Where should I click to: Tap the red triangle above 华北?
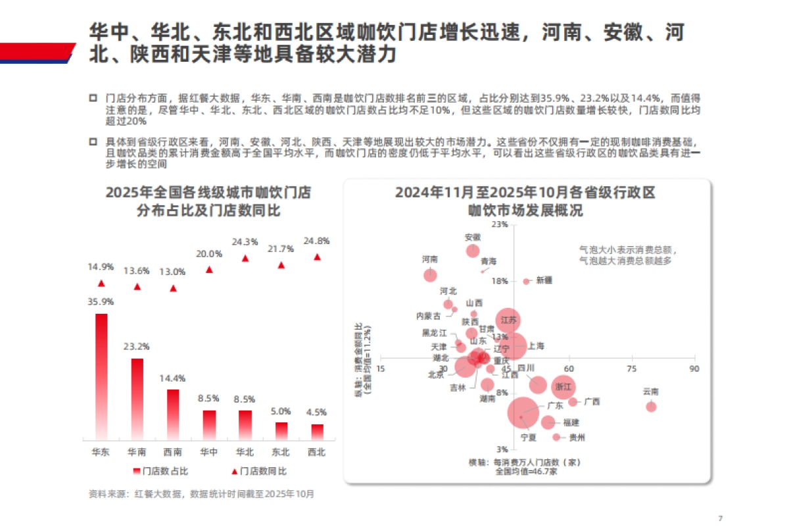245,259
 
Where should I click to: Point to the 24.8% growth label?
318,241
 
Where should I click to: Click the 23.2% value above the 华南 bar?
137,347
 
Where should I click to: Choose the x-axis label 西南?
173,453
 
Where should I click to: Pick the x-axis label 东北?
281,453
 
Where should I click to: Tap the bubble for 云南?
651,407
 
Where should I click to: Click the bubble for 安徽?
473,251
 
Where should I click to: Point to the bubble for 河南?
430,274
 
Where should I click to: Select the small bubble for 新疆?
526,281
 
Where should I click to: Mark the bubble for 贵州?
556,437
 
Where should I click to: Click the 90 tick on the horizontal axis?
694,369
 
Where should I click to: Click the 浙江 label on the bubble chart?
563,386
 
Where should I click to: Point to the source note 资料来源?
201,493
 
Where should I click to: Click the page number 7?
721,516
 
